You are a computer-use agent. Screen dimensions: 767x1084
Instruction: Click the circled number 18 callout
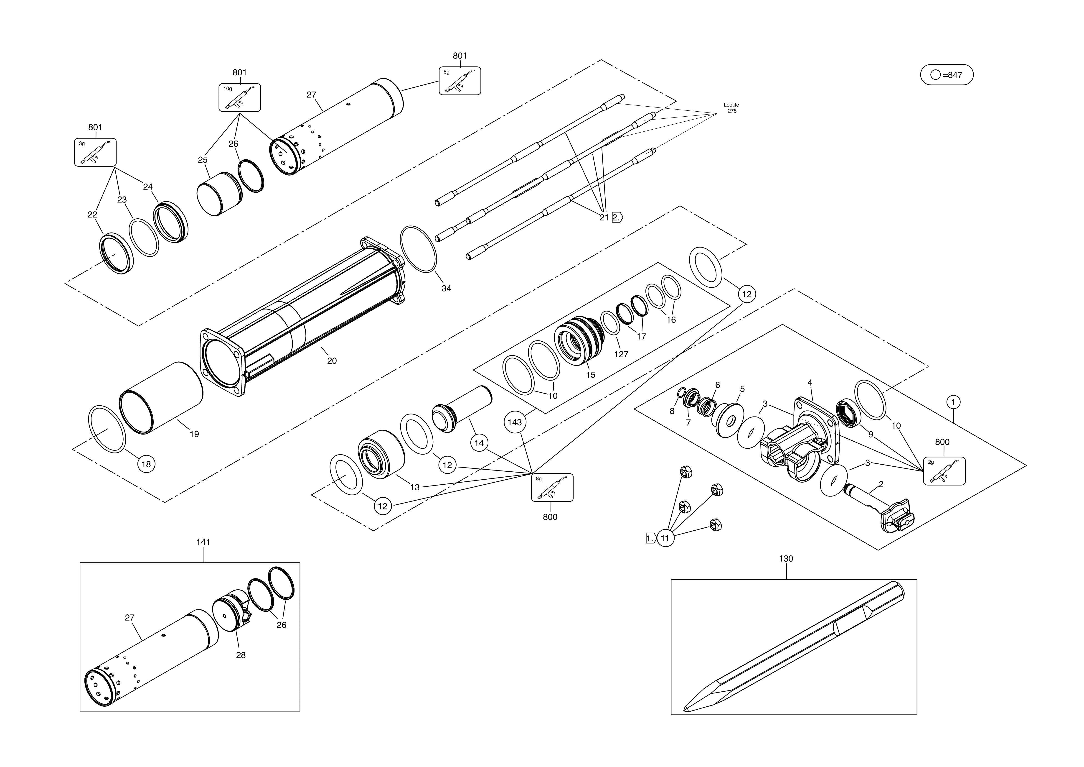(x=146, y=464)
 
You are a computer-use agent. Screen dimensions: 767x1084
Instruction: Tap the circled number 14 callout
(x=479, y=443)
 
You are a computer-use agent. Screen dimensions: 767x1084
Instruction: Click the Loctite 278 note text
(x=731, y=108)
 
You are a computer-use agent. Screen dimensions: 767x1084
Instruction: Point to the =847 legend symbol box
(x=947, y=75)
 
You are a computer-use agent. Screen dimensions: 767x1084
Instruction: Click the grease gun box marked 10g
(x=239, y=98)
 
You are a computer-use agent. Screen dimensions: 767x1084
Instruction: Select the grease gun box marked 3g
(x=95, y=152)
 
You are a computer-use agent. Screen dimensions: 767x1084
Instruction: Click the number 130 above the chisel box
(x=786, y=559)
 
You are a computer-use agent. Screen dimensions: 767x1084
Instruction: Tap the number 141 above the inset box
(x=203, y=542)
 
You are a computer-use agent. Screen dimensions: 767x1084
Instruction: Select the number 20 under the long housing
(x=332, y=361)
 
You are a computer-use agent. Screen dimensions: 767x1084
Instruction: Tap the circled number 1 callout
(x=953, y=402)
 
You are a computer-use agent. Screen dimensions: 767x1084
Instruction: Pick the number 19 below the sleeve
(x=194, y=434)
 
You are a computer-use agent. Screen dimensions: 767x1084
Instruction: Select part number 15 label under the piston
(x=591, y=375)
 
